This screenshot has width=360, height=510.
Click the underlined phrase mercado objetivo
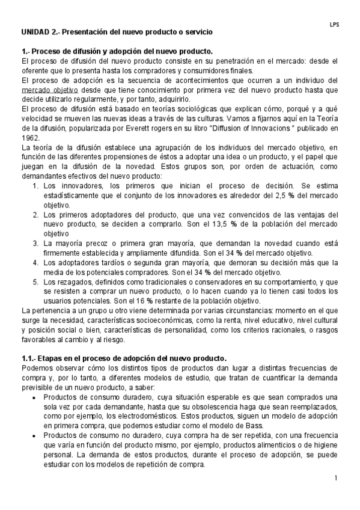tap(47, 90)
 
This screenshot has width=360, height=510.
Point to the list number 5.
tap(36, 282)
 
